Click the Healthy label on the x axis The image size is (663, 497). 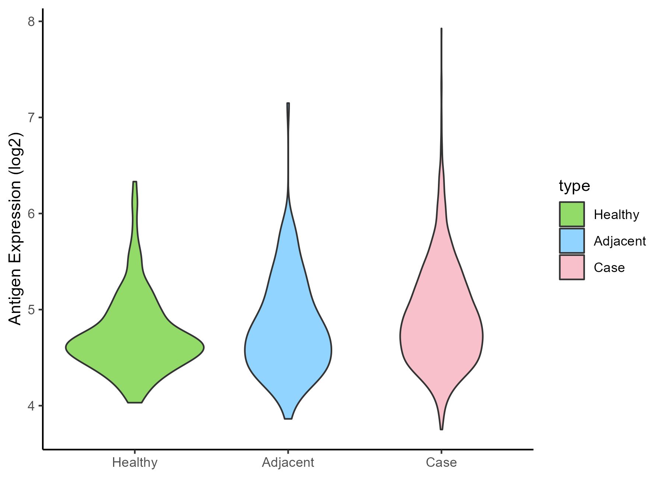coord(135,462)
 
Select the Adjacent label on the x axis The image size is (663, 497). coord(288,462)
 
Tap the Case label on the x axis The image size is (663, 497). coord(441,462)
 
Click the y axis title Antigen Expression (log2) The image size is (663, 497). coord(15,228)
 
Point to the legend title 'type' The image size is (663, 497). coord(574,186)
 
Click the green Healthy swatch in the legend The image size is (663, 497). coord(572,214)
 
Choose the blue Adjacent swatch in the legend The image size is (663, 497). coord(572,241)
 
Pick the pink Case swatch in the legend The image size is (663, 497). coord(572,267)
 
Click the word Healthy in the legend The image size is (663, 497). coord(616,215)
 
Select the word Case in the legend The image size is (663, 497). coord(609,268)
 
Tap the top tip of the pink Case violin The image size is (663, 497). coord(441,29)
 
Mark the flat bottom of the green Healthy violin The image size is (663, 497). coord(135,402)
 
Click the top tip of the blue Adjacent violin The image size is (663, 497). coord(288,104)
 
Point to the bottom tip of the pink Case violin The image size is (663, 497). coord(441,429)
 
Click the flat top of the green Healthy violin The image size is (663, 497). coord(135,182)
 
